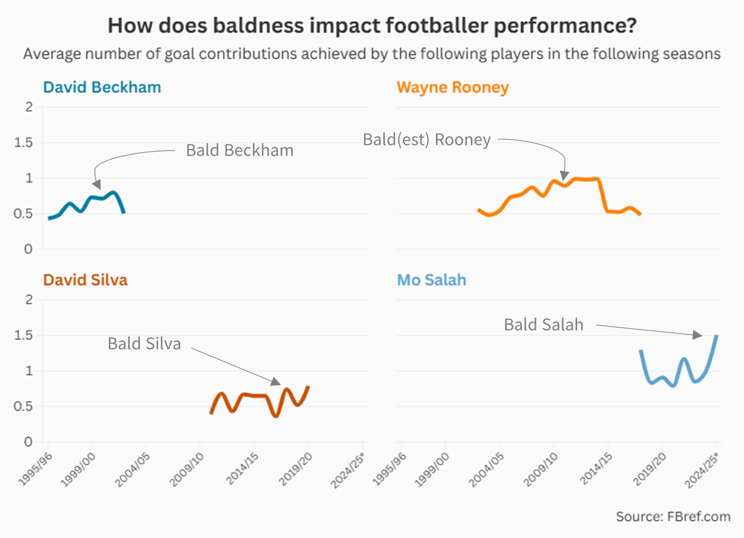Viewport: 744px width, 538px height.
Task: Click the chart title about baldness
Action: (x=372, y=26)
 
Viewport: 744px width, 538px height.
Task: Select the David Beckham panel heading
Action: (x=102, y=87)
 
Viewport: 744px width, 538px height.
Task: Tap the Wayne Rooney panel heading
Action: (x=453, y=87)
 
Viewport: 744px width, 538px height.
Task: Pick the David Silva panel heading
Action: (x=86, y=280)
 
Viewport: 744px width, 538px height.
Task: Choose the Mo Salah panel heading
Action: (x=432, y=280)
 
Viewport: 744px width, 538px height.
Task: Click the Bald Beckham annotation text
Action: (x=240, y=150)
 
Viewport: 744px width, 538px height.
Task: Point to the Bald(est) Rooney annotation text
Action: (x=427, y=140)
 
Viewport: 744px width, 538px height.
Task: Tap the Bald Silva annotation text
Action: (x=144, y=344)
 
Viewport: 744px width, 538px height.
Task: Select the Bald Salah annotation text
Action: (x=544, y=324)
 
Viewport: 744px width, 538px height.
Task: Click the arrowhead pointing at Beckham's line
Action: (x=96, y=183)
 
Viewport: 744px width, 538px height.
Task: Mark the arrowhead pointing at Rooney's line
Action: (x=564, y=176)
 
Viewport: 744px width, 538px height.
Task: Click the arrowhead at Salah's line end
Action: (x=697, y=335)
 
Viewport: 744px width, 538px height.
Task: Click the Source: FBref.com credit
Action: (x=673, y=516)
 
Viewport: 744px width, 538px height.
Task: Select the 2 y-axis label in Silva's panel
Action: (x=27, y=300)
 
